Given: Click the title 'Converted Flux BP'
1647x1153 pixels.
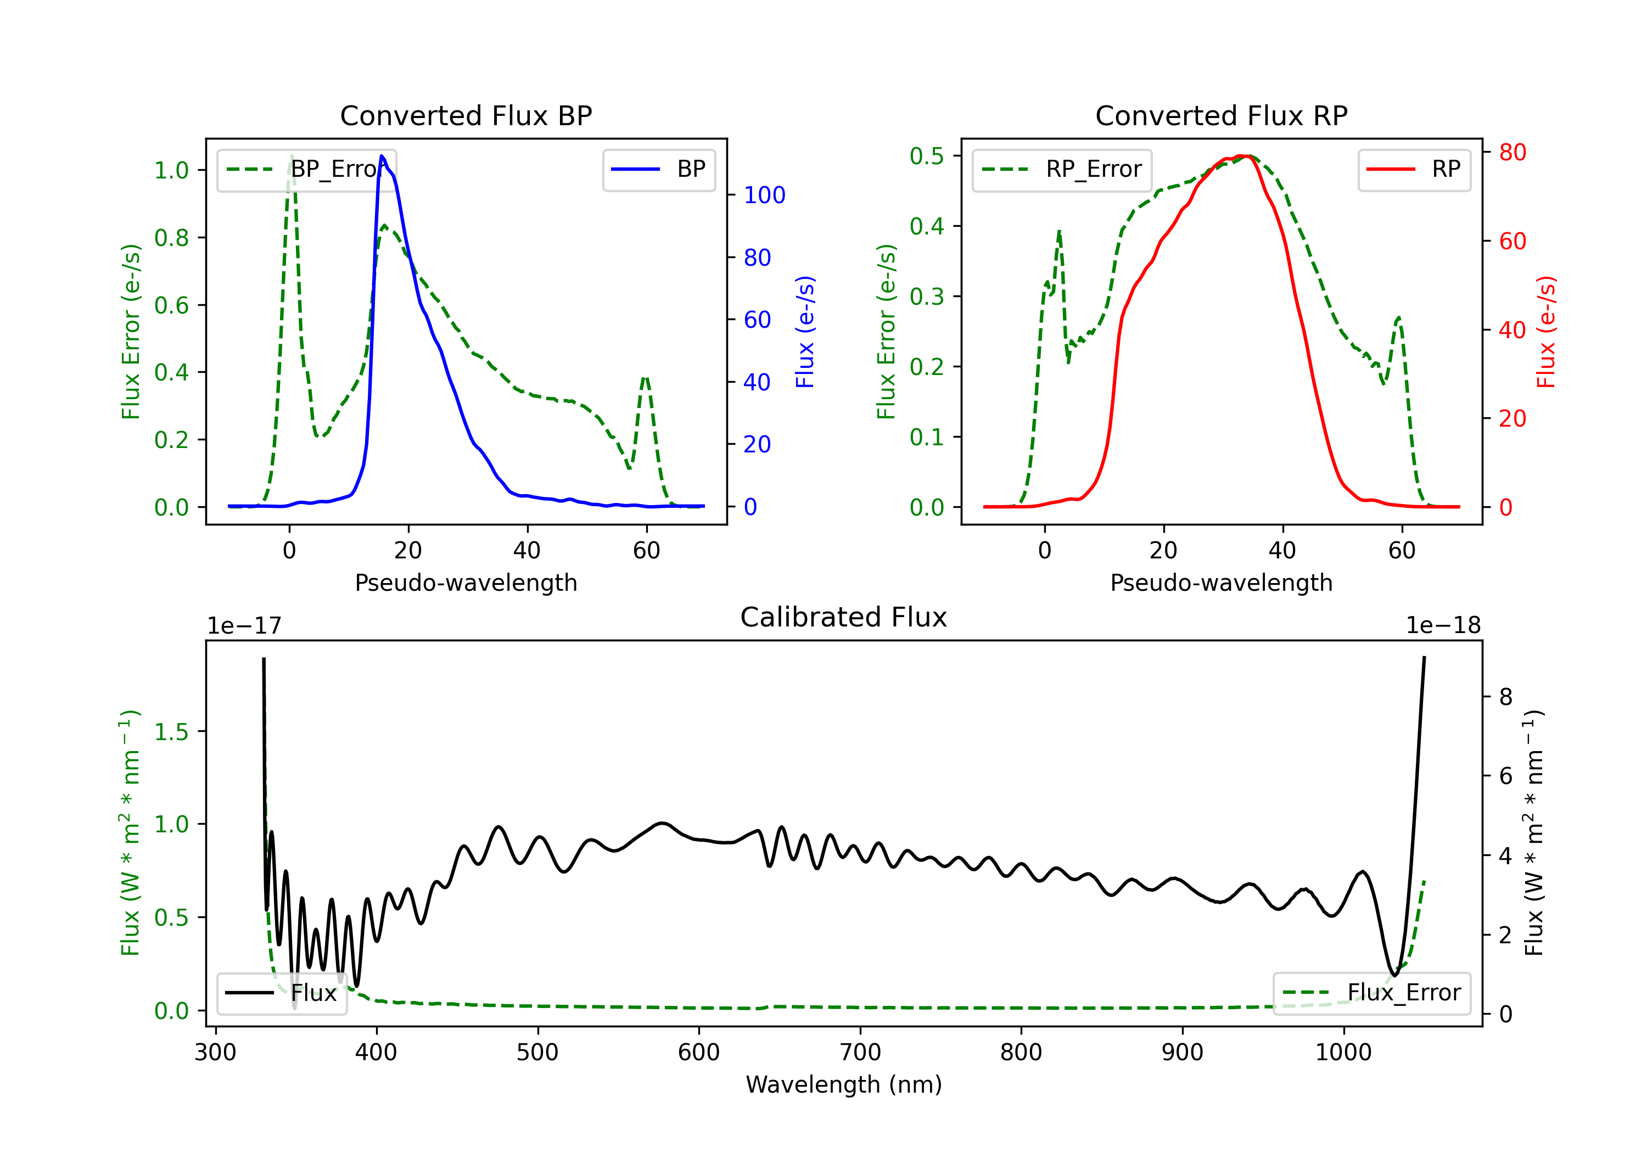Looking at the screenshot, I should [466, 115].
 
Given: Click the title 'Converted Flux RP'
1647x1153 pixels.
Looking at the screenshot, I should [1221, 115].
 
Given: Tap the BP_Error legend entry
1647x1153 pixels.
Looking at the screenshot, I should [307, 169].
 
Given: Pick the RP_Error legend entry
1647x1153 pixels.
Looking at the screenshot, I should [1062, 169].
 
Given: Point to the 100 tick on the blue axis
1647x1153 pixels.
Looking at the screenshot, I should [764, 195].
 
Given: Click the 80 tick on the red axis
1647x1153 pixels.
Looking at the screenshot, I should [1512, 152].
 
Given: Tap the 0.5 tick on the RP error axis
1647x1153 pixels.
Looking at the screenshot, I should [926, 156].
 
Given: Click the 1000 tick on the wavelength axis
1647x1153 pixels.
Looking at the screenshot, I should [1343, 1053].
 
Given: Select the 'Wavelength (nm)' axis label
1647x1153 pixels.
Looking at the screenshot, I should [844, 1084].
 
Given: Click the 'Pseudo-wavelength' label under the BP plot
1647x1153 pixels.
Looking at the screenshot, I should [466, 583].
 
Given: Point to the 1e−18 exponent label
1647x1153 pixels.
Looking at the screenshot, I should [1443, 626].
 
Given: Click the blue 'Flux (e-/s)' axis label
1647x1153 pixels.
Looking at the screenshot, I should [805, 332].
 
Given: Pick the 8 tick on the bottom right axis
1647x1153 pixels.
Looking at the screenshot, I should [1506, 697].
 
